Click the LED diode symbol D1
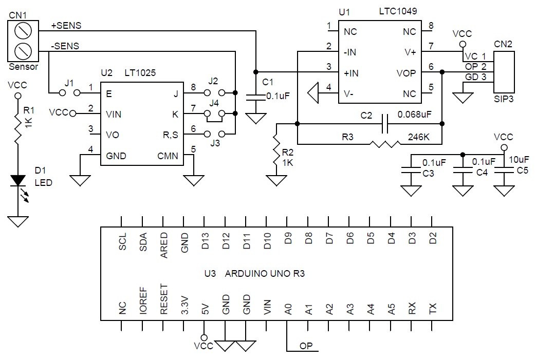point(18,180)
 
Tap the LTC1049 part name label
point(399,10)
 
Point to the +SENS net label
point(66,26)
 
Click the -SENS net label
point(65,46)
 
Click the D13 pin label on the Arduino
point(205,241)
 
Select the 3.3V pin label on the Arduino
point(184,305)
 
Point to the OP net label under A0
point(307,346)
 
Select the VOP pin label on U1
point(406,73)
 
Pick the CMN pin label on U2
point(170,156)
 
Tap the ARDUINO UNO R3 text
point(265,274)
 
